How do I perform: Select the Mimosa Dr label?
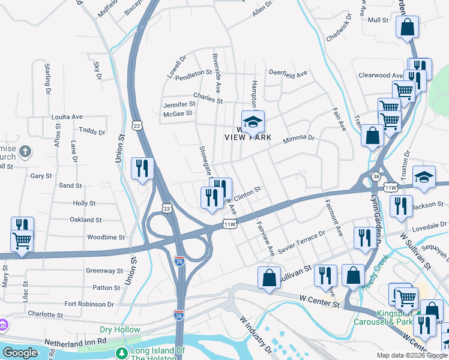click(300, 137)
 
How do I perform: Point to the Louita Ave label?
click(67, 116)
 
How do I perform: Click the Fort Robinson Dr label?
click(88, 304)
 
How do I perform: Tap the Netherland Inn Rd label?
click(75, 341)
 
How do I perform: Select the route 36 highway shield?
click(375, 177)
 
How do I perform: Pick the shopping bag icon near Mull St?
click(407, 28)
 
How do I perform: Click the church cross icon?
click(25, 151)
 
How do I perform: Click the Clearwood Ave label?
click(381, 76)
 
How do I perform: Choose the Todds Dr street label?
click(92, 131)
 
